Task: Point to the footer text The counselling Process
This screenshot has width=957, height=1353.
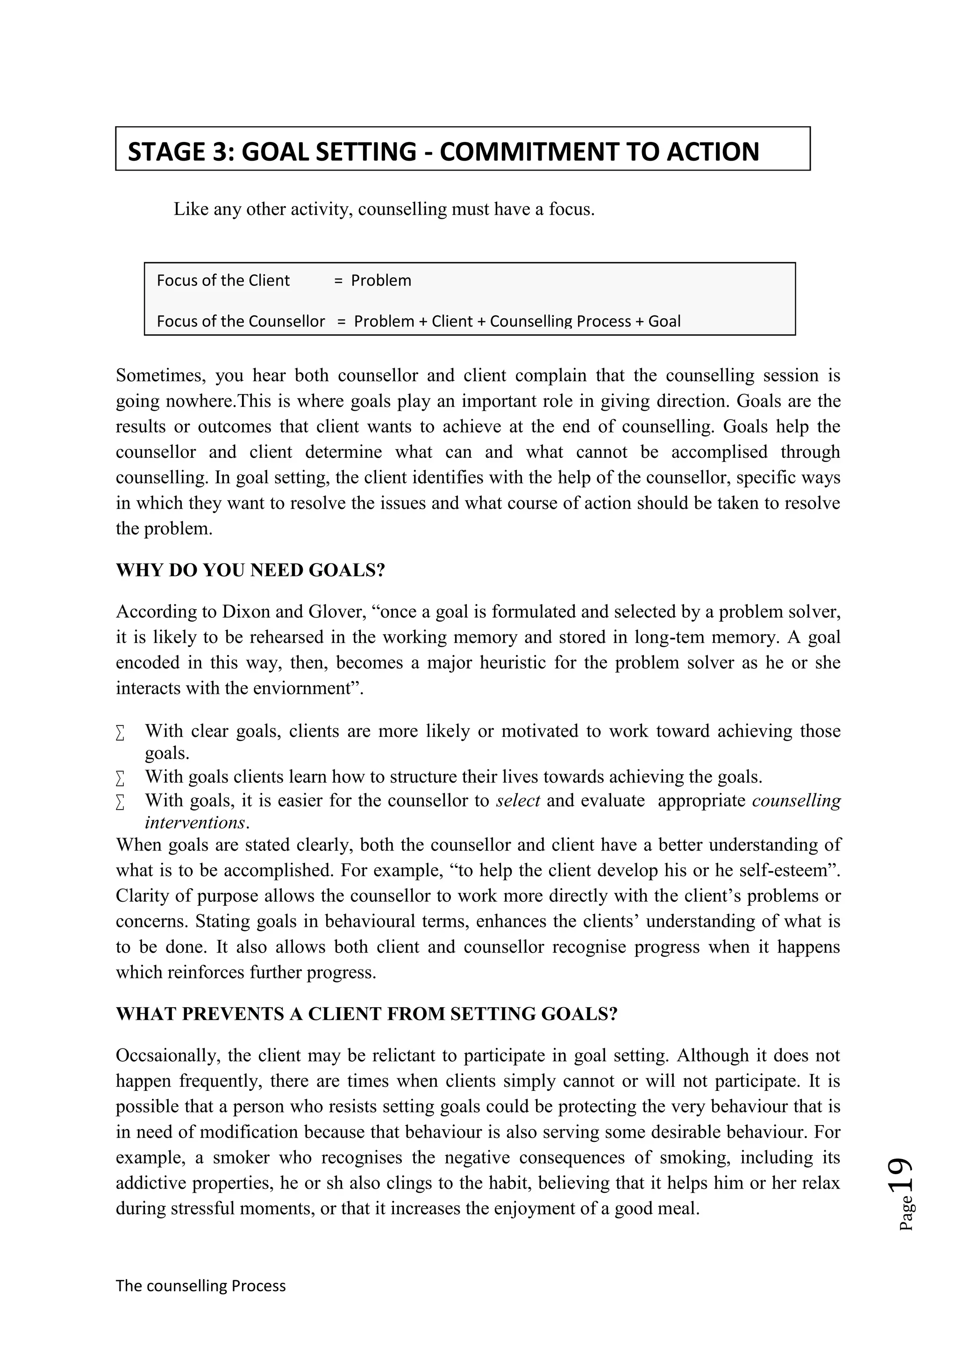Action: [x=200, y=1285]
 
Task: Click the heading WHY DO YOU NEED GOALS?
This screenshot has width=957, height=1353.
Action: [x=250, y=570]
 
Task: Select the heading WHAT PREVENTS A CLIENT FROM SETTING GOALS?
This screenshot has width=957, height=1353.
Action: [x=366, y=1014]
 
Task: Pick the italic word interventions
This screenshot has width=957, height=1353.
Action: [x=194, y=823]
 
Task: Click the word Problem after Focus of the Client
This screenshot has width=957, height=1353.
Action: [x=381, y=280]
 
